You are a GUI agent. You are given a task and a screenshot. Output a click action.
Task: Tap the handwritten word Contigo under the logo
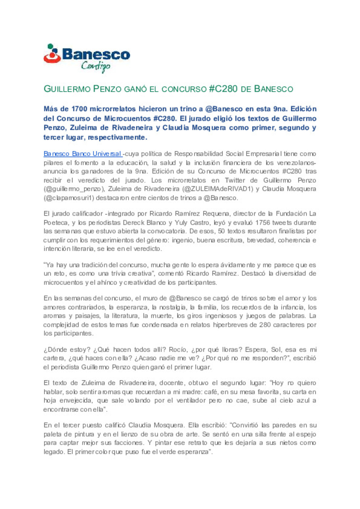tap(95, 66)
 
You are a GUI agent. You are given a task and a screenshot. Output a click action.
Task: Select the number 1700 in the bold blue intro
tap(79, 109)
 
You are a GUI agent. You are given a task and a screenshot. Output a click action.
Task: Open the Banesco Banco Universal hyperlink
tap(83, 154)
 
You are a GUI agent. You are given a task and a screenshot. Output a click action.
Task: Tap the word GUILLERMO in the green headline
tap(67, 89)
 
